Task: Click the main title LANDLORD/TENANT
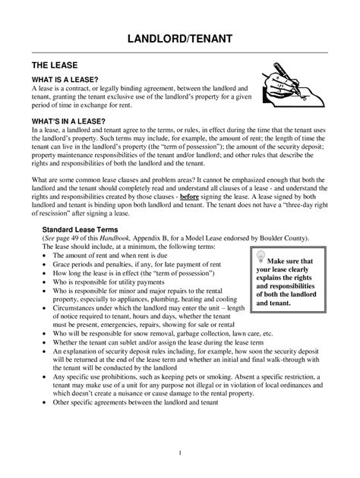tap(179, 39)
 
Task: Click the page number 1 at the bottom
tap(179, 453)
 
